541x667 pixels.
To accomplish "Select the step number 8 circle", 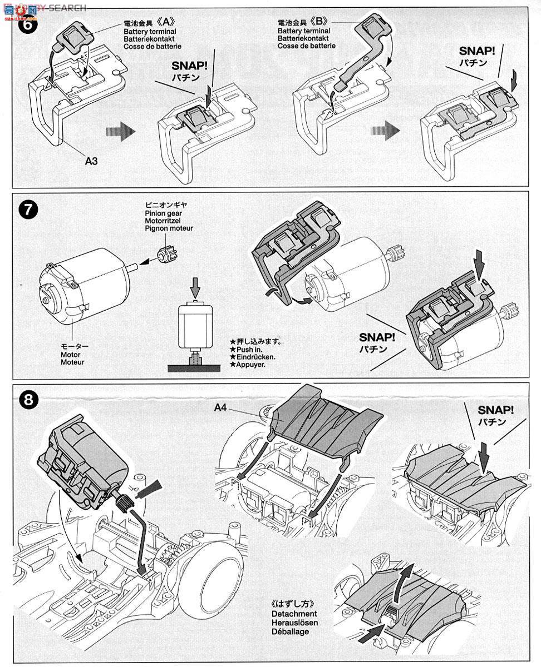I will [x=27, y=398].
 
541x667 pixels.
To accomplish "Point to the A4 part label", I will [x=222, y=407].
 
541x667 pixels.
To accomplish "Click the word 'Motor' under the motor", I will [x=71, y=354].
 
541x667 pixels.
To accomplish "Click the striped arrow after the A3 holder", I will [x=120, y=132].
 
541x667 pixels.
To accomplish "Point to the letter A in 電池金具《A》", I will [x=170, y=24].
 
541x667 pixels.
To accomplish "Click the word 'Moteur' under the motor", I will [x=72, y=362].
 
